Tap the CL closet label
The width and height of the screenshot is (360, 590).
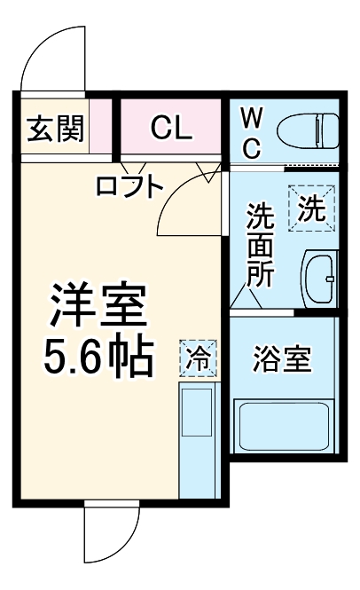170,130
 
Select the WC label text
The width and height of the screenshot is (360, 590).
251,131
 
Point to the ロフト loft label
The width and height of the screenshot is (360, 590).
129,186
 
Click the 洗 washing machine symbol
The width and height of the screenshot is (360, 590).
310,210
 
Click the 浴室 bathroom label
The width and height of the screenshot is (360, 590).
281,362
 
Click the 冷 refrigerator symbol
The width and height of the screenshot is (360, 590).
199,359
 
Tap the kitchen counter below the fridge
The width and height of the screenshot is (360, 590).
198,439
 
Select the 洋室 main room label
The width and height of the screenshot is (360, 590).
98,306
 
